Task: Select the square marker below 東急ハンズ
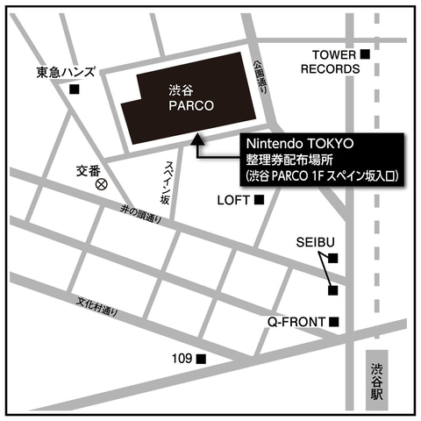point(75,89)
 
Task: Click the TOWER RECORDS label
point(330,61)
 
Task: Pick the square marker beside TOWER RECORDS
point(366,55)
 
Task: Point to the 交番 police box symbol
point(102,184)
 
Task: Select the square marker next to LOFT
point(259,201)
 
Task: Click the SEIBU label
point(314,241)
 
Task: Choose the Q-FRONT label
point(297,322)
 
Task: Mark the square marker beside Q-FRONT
point(334,322)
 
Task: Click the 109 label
point(182,359)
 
